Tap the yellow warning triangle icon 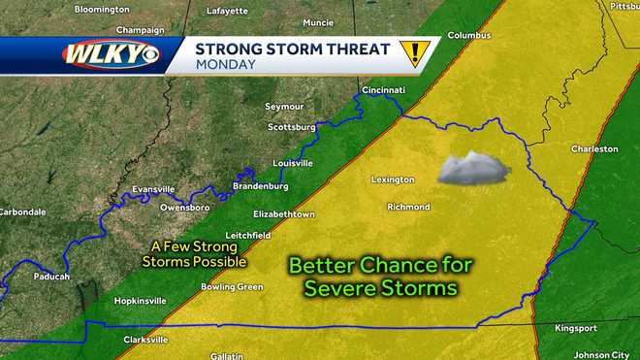(x=415, y=53)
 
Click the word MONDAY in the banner (x=225, y=65)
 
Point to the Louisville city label (x=293, y=163)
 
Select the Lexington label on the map (x=393, y=180)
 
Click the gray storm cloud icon (x=473, y=168)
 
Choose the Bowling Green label (x=232, y=287)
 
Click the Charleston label (x=593, y=149)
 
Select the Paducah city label (x=50, y=277)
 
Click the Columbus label (x=469, y=35)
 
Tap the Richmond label (x=408, y=207)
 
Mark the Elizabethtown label (x=283, y=213)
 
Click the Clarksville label (x=145, y=340)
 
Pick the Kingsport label (x=576, y=328)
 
